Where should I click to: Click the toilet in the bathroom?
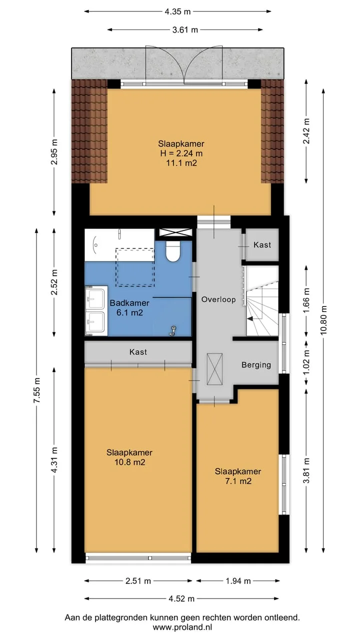coord(173,251)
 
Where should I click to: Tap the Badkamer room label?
coord(129,303)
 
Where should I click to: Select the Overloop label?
coord(218,299)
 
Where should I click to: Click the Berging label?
coord(256,365)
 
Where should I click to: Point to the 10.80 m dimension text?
coord(323,320)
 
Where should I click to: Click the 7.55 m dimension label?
coord(36,390)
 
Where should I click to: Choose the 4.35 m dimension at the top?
coord(177,11)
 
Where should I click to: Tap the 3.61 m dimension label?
coord(185,29)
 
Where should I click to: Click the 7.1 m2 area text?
coord(238,481)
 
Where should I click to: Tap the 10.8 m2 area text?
coord(129,462)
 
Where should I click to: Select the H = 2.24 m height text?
coord(181,153)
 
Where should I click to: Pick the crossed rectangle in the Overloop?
coord(214,369)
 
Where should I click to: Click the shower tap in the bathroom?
coord(173,330)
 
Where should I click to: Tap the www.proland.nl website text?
coord(182,627)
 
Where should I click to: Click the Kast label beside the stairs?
coord(262,245)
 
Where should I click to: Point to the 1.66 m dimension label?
coord(306,300)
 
